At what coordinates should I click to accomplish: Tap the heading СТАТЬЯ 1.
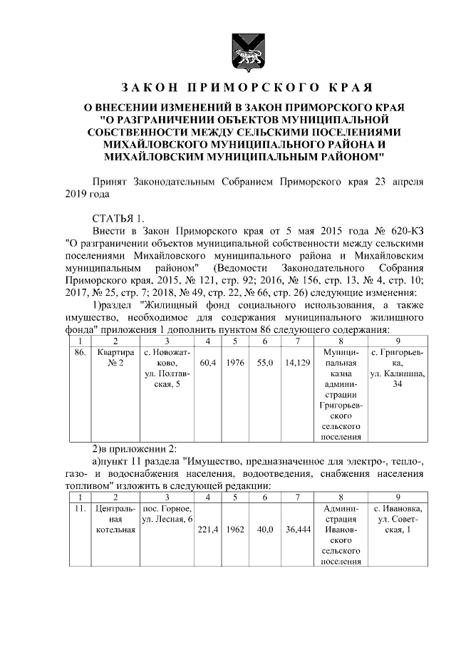click(x=120, y=217)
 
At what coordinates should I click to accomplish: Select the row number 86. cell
click(x=81, y=353)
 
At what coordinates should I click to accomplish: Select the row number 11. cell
click(x=81, y=508)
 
